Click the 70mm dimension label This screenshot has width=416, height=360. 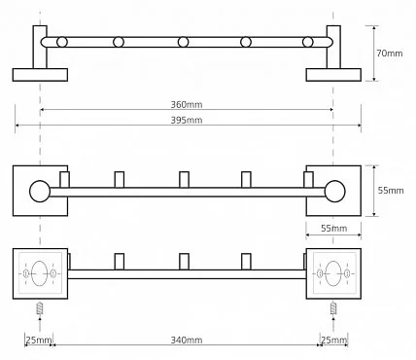coord(390,54)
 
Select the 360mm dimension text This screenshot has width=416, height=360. coord(187,104)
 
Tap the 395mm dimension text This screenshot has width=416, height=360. coord(187,120)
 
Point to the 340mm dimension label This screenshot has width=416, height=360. coord(187,340)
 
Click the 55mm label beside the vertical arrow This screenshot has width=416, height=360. coord(391,191)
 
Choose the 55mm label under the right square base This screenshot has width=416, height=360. coord(334,229)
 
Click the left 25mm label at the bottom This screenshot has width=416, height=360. coord(39,340)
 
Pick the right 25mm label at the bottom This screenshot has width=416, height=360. coord(334,340)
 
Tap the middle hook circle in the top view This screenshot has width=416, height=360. coord(184,42)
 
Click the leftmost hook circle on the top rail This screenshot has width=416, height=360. coord(62,42)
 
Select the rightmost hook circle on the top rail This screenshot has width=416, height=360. coord(308,42)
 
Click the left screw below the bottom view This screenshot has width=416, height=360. coord(40,307)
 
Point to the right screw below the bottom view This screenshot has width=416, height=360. coord(333,307)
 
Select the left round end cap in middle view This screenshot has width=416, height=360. coord(40,191)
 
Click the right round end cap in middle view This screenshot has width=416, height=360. coord(335,191)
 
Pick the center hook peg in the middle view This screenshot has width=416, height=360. coord(184,180)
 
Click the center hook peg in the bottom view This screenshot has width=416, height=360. coord(184,262)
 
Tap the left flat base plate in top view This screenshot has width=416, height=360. coord(40,75)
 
